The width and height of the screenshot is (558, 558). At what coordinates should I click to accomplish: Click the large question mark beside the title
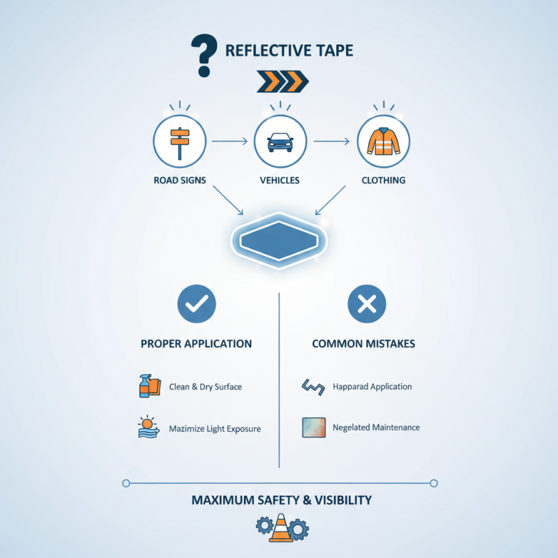coord(204,55)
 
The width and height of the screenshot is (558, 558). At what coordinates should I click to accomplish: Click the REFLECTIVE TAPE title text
coord(289,50)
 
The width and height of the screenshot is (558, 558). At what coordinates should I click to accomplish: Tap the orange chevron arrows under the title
coord(282,82)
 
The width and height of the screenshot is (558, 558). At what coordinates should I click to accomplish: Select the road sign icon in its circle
coord(180,143)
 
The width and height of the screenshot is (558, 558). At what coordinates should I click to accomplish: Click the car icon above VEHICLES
coord(280,142)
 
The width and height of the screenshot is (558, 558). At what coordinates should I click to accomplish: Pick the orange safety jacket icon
coord(383,142)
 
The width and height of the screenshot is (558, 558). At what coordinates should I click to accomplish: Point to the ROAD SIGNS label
coord(180,181)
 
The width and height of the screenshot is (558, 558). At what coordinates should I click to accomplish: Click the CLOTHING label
coord(383,181)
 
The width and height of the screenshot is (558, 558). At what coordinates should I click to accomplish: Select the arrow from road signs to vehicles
coord(229,142)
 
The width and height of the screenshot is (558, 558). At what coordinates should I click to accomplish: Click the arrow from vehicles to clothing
coord(331,142)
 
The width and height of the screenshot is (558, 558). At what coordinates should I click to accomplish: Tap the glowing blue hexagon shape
coord(279,241)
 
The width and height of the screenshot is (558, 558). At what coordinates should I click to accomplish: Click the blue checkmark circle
coord(197,304)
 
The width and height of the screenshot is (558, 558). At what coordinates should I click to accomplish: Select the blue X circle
coord(367,304)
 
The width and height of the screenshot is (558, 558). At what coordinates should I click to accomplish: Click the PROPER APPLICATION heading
coord(196,344)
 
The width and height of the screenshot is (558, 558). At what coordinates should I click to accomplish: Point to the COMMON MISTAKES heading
coord(363,344)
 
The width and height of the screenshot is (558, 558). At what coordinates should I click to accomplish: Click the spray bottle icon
coord(145,386)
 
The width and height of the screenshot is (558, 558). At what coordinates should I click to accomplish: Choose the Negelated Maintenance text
coord(376,428)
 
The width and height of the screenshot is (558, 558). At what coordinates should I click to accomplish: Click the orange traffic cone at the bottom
coord(281,528)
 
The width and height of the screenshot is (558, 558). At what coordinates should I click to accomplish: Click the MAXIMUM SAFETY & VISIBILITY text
coord(282,500)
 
